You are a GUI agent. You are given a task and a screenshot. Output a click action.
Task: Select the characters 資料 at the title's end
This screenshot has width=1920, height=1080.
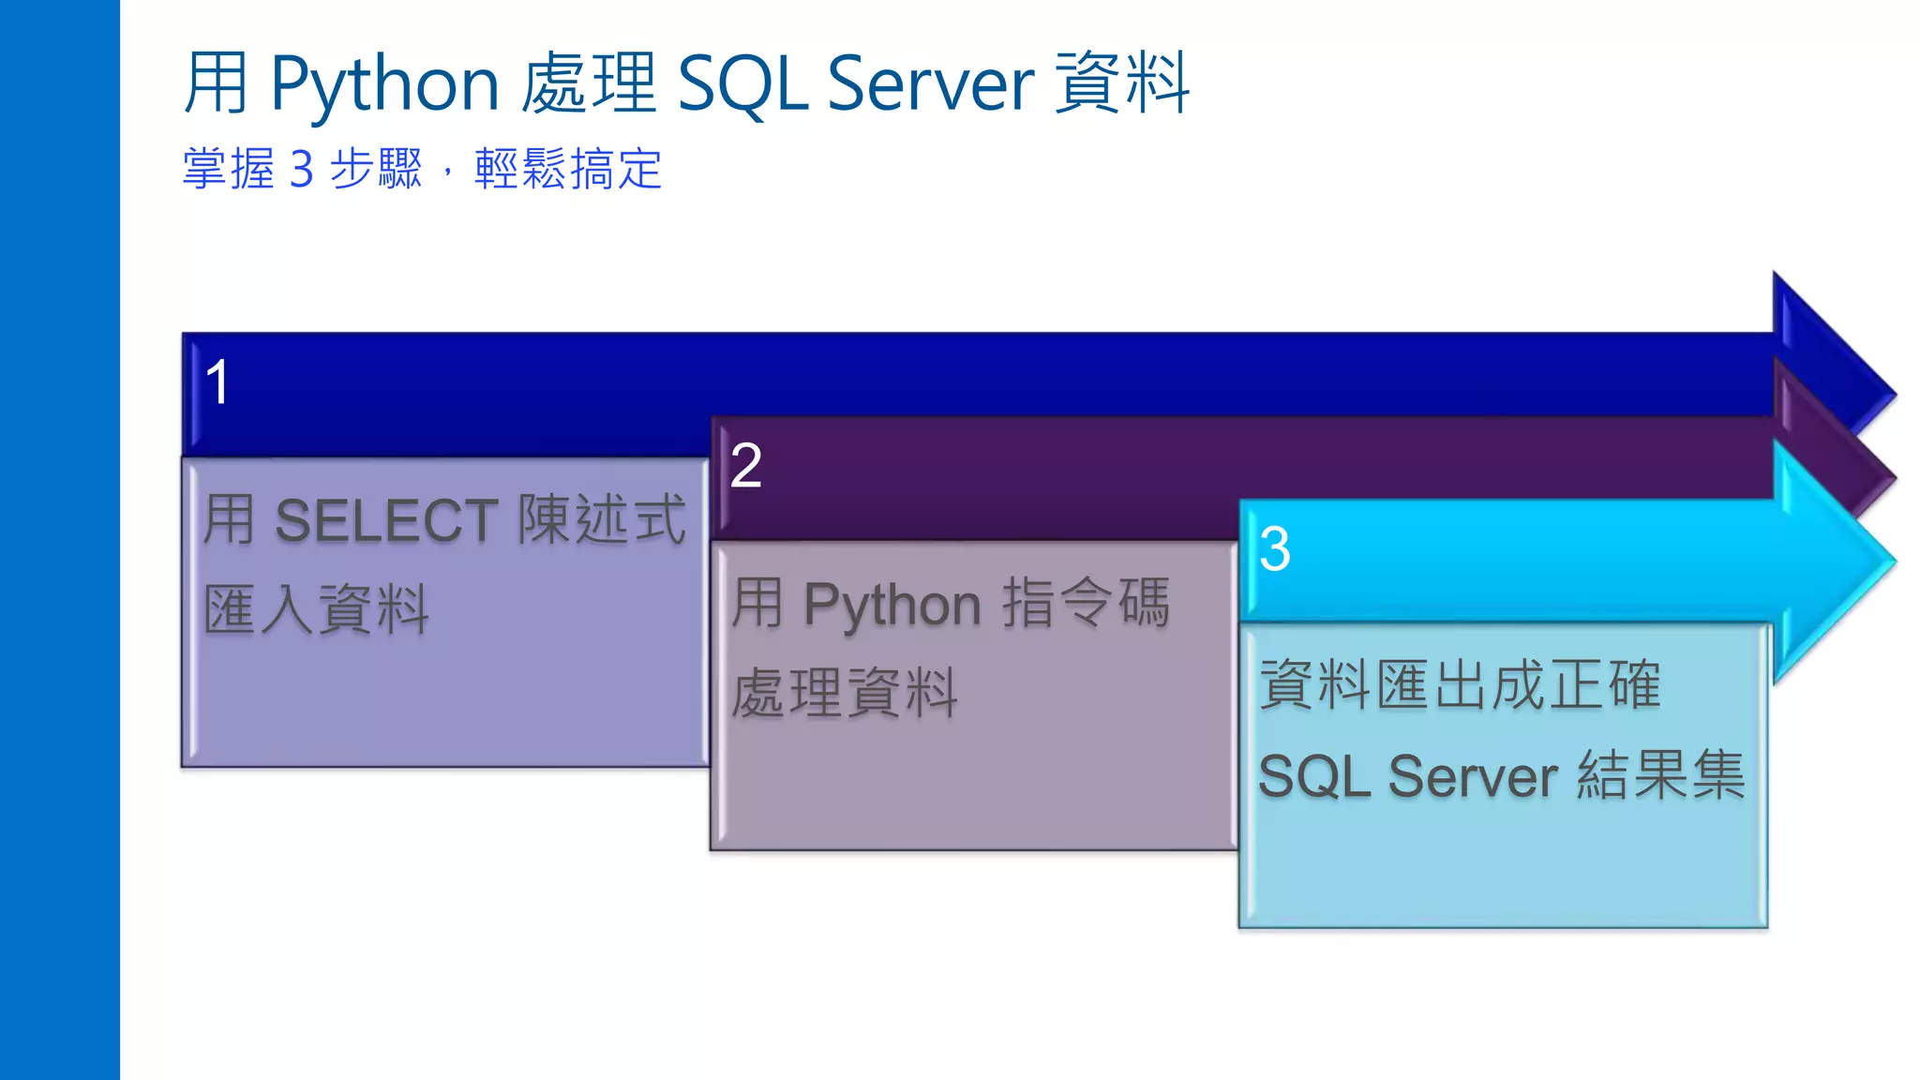pos(1122,84)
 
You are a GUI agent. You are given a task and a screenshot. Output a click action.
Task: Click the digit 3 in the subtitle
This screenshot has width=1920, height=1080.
pos(301,170)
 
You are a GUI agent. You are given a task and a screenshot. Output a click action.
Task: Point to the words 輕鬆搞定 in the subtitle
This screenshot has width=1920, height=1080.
pos(568,170)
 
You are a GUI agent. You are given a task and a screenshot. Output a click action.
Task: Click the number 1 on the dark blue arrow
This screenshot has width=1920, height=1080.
pos(217,382)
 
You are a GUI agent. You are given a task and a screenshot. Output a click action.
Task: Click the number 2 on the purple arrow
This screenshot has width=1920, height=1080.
pos(745,466)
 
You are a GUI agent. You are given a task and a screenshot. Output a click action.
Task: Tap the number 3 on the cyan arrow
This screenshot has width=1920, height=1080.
pos(1274,549)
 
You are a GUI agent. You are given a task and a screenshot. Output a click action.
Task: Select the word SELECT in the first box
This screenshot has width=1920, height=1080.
pos(386,521)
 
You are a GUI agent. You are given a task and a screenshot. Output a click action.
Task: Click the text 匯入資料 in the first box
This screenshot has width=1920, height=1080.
pos(316,610)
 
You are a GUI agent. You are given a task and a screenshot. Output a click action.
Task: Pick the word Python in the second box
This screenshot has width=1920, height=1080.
pos(892,605)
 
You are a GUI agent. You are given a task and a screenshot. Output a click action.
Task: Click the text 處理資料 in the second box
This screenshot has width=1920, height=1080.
pos(844,695)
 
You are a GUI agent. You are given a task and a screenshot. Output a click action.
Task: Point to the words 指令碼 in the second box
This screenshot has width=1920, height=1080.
pos(1086,603)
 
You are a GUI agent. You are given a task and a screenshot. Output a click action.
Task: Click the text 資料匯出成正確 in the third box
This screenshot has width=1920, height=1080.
pos(1460,685)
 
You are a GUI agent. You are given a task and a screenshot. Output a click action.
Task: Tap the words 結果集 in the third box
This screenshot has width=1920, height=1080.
pos(1660,776)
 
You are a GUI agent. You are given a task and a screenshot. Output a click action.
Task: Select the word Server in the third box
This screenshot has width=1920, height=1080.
pos(1473,777)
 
